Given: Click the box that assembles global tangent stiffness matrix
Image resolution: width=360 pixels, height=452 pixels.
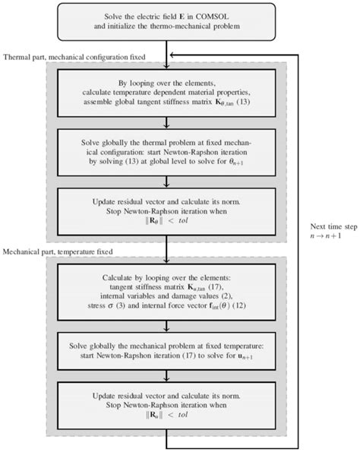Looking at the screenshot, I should (166, 93).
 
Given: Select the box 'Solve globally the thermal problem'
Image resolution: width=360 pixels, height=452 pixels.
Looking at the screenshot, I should (166, 155).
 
